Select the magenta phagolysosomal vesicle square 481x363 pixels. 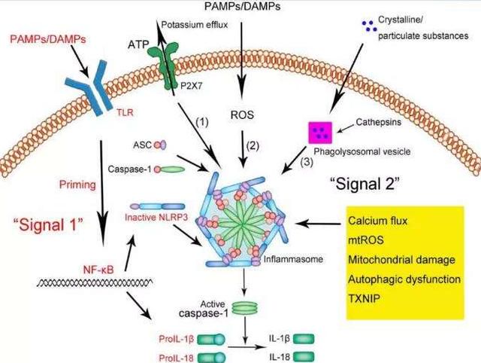pyautogui.click(x=320, y=133)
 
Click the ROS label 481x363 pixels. pyautogui.click(x=242, y=115)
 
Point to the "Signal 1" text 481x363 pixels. pyautogui.click(x=49, y=224)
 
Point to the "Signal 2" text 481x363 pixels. pyautogui.click(x=365, y=184)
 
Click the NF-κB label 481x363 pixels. pyautogui.click(x=98, y=270)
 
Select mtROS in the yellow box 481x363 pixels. pyautogui.click(x=366, y=239)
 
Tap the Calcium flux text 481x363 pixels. pyautogui.click(x=377, y=221)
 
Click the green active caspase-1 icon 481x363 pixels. pyautogui.click(x=244, y=308)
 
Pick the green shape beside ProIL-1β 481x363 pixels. pyautogui.click(x=211, y=340)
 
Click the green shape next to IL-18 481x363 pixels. pyautogui.click(x=304, y=357)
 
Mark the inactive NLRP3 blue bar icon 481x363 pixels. pyautogui.click(x=157, y=206)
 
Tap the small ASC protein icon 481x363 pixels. pyautogui.click(x=160, y=145)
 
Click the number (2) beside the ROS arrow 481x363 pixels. pyautogui.click(x=253, y=145)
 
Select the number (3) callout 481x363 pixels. pyautogui.click(x=307, y=161)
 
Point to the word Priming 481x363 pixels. pyautogui.click(x=77, y=185)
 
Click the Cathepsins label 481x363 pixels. pyautogui.click(x=379, y=122)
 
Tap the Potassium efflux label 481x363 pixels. pyautogui.click(x=195, y=25)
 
